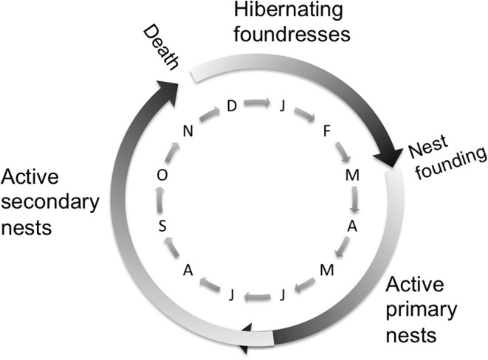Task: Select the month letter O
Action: pyautogui.click(x=162, y=174)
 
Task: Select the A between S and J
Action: pyautogui.click(x=187, y=271)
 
